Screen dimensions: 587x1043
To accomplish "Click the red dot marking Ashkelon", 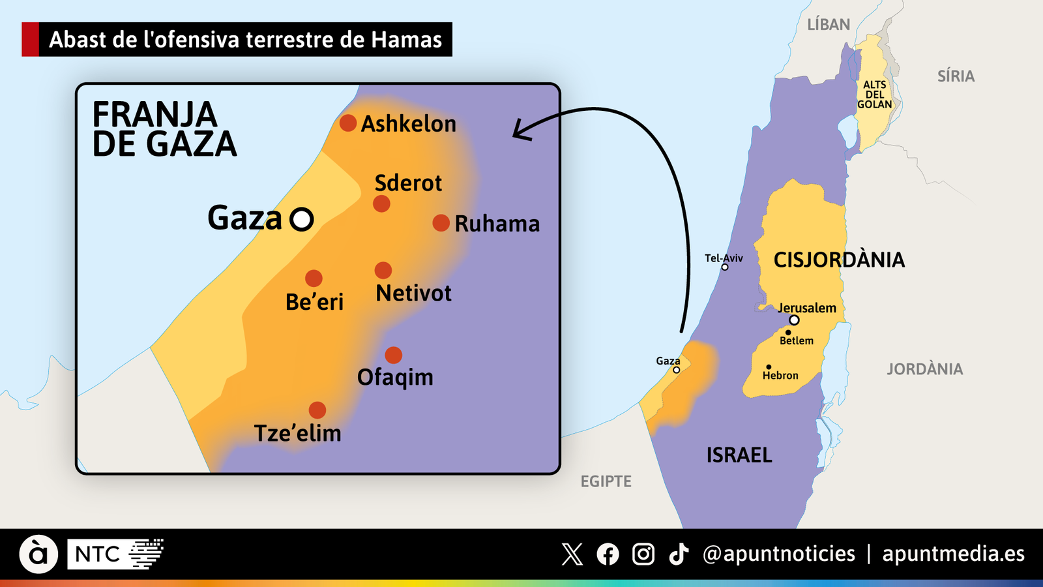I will pos(348,123).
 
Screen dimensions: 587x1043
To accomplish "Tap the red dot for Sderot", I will pos(381,204).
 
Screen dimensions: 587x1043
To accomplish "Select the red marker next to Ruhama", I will pos(441,223).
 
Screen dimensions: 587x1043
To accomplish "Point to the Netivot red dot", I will pos(383,270).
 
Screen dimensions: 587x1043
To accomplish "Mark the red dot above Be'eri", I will pos(314,278).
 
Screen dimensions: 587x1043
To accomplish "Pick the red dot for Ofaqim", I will pos(393,355).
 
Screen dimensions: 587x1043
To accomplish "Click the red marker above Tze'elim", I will pos(317,410).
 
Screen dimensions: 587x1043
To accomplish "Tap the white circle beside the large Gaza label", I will pos(302,219).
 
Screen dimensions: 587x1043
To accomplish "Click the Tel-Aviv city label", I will pos(724,258).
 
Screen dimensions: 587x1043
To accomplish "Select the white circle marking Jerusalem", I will pos(794,320).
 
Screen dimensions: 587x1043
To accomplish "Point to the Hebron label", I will pos(780,376).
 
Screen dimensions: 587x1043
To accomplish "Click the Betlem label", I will pos(797,340).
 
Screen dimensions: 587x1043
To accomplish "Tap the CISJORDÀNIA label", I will pos(839,260).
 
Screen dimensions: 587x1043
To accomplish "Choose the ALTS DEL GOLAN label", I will pos(874,95).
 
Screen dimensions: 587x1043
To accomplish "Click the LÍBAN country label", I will pos(829,25).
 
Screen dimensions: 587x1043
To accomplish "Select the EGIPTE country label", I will pos(606,481).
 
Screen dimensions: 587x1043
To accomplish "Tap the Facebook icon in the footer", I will pos(608,554).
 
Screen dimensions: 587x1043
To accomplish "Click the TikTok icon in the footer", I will pos(679,554).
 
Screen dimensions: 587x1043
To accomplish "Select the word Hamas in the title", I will pos(407,40).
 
